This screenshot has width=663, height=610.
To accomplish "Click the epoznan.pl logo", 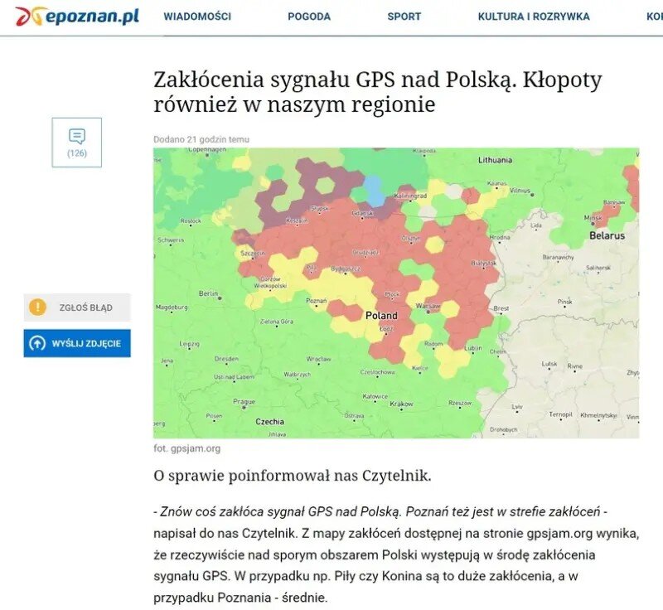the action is coord(77,16).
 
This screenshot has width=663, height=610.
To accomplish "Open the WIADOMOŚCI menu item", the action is coord(197,17).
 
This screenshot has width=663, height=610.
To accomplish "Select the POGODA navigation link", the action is coord(309,17).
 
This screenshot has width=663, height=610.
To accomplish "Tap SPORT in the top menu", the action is coord(404,17).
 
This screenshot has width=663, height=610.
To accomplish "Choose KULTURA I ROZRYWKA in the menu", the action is coord(534,17).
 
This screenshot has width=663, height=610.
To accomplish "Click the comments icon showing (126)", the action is coord(77,142).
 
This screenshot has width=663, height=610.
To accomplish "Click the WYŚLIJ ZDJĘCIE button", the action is coord(77,343).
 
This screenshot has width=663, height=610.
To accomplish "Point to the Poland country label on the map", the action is coord(381,316).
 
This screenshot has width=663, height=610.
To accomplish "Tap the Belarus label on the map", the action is coord(606,235).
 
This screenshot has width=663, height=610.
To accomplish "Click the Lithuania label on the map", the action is coord(495,159).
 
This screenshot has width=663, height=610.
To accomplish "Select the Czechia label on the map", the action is coord(269,422).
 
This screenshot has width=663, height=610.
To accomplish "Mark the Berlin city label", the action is coord(207,293).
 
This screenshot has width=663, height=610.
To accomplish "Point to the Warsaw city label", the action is coord(428,305).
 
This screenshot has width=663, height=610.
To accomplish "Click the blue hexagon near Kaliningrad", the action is coord(375,192).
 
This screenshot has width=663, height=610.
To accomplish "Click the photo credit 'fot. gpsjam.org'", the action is coord(186,448).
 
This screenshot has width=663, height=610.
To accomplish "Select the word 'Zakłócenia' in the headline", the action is coord(205,80).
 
